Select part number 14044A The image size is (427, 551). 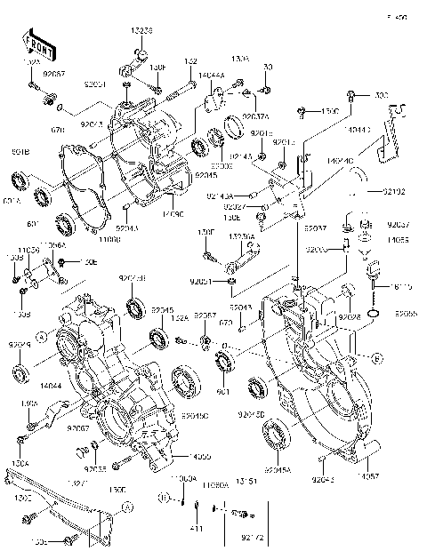coord(212,77)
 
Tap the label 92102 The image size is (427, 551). coord(394,191)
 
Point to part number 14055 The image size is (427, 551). coord(398,240)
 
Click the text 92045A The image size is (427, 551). coord(278,470)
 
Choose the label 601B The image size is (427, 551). coord(20,153)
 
